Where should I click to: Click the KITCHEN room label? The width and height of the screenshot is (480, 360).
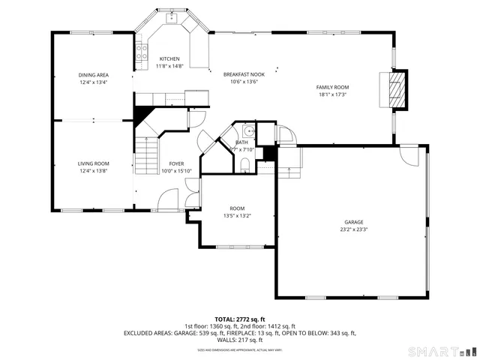[169, 58]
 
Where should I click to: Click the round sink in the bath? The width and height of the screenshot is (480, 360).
[250, 131]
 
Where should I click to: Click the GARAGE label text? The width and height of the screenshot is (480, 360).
[354, 223]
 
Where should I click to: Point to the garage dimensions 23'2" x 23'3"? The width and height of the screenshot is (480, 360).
[354, 230]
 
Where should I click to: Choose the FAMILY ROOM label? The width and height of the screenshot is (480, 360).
[332, 88]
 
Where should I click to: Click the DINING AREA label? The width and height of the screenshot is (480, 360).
[94, 74]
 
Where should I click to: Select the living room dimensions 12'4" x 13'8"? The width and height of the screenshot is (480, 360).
[94, 171]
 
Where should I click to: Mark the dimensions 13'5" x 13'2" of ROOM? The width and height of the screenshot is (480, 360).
[237, 216]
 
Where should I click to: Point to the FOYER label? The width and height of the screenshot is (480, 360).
[176, 163]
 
